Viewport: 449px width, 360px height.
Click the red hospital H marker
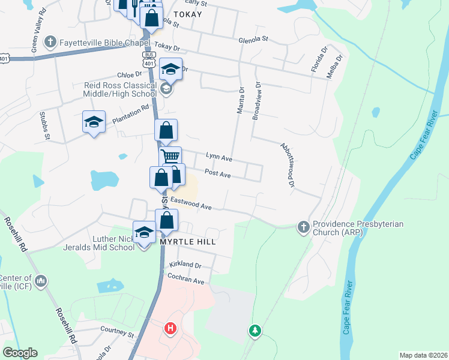point(171,329)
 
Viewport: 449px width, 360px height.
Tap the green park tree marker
point(255,331)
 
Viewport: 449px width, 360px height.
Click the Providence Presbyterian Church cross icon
point(303,227)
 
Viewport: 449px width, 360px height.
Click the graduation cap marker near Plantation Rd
point(94,123)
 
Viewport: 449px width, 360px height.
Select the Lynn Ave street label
point(218,157)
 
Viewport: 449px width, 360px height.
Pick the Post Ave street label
point(217,173)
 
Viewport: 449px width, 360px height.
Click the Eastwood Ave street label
point(191,203)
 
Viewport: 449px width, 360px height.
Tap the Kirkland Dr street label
point(185,265)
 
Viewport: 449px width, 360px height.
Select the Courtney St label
point(116,332)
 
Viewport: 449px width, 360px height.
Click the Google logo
point(20,353)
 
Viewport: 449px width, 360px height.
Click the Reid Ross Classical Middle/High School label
point(120,89)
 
